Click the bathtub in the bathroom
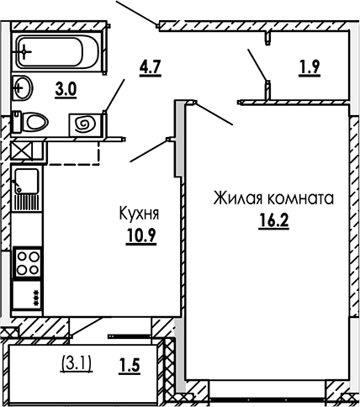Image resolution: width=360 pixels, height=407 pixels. pyautogui.click(x=57, y=51)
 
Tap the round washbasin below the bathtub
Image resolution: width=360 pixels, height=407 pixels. pyautogui.click(x=23, y=87)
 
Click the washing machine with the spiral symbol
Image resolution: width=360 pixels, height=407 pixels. pyautogui.click(x=85, y=124)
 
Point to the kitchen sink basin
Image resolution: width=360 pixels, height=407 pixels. pyautogui.click(x=26, y=181)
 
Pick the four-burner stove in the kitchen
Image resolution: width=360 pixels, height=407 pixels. pyautogui.click(x=28, y=263)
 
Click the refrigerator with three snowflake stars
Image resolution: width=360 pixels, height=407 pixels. pyautogui.click(x=27, y=295)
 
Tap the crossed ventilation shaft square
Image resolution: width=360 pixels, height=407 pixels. pyautogui.click(x=22, y=151)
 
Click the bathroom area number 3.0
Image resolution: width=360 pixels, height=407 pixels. pyautogui.click(x=66, y=90)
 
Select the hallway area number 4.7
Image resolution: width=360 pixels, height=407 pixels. pyautogui.click(x=151, y=68)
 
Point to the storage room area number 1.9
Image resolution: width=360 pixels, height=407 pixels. pyautogui.click(x=310, y=68)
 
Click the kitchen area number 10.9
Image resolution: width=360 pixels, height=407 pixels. pyautogui.click(x=141, y=235)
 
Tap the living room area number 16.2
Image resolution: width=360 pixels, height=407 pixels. pyautogui.click(x=273, y=221)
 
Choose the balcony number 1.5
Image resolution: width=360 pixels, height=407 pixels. pyautogui.click(x=130, y=366)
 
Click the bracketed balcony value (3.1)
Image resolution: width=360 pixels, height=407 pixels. pyautogui.click(x=77, y=364)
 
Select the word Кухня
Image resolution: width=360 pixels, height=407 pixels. pyautogui.click(x=139, y=214)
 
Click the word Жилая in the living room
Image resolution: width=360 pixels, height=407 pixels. pyautogui.click(x=239, y=198)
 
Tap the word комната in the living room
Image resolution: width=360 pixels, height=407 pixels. pyautogui.click(x=301, y=199)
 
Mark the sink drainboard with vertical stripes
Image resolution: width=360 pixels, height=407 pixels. pyautogui.click(x=27, y=201)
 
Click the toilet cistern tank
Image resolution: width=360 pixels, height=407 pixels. pyautogui.click(x=17, y=121)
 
